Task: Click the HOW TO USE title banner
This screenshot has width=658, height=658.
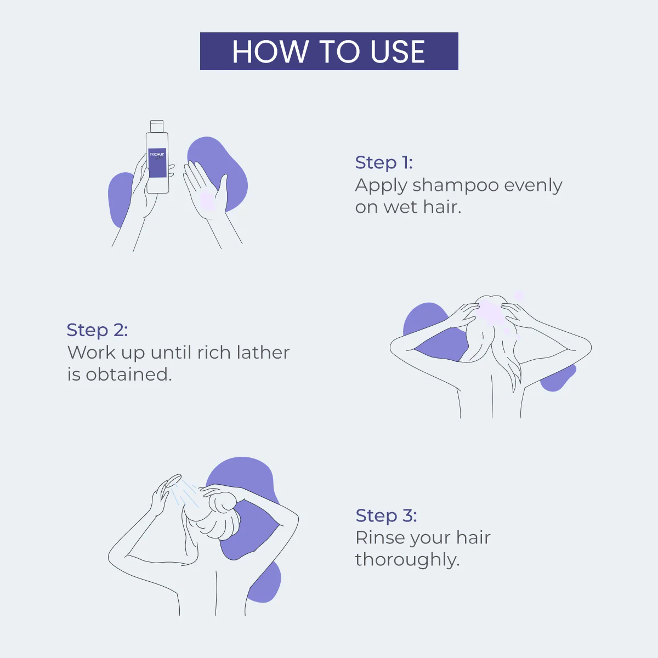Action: (329, 51)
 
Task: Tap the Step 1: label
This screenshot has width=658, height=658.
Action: (384, 162)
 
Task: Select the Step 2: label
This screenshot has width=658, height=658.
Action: (97, 330)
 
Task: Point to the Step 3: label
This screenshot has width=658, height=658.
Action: (386, 515)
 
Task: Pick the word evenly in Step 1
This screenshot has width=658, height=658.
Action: (533, 186)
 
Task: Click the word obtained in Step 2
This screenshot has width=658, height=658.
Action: (128, 375)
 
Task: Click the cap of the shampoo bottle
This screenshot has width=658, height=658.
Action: (157, 126)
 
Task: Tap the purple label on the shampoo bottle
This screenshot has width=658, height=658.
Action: (157, 163)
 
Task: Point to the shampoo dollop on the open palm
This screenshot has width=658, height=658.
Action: (207, 202)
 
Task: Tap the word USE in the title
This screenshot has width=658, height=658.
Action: (397, 52)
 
